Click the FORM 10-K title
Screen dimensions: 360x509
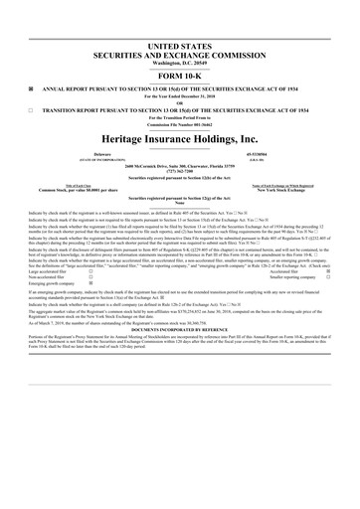pos(179,76)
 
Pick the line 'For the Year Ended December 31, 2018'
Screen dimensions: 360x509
pos(179,95)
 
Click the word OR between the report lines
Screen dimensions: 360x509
pos(179,102)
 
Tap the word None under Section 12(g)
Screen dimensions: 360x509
pos(179,205)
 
